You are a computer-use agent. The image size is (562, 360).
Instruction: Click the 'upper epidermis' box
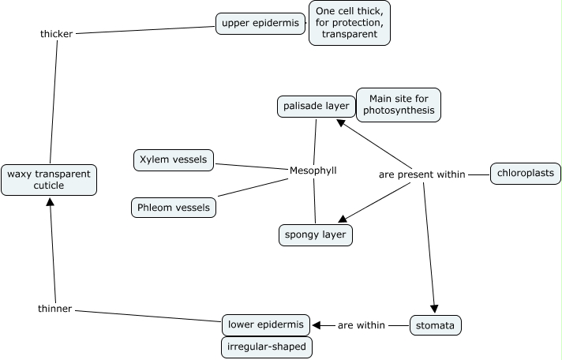point(260,23)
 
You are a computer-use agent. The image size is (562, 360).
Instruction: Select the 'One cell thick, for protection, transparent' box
point(348,23)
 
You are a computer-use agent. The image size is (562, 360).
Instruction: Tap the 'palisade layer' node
point(313,106)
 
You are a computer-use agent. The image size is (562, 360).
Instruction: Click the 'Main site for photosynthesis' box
point(398,104)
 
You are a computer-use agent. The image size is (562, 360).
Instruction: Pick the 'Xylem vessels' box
point(174,159)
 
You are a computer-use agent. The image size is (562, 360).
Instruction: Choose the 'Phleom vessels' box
point(174,208)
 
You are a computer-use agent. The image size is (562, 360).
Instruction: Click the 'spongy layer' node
point(316,234)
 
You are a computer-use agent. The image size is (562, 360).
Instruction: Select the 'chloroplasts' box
point(525,173)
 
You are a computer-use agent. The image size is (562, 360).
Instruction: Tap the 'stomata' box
point(436,324)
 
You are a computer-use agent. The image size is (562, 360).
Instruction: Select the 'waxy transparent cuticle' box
point(49,179)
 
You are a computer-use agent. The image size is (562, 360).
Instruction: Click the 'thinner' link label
point(55,308)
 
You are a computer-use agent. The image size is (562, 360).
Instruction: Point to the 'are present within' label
point(422,174)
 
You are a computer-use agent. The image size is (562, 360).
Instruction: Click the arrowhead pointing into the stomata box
point(434,309)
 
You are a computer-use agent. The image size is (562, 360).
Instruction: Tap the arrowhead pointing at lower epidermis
point(317,324)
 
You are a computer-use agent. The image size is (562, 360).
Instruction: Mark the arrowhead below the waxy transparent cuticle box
point(50,201)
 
